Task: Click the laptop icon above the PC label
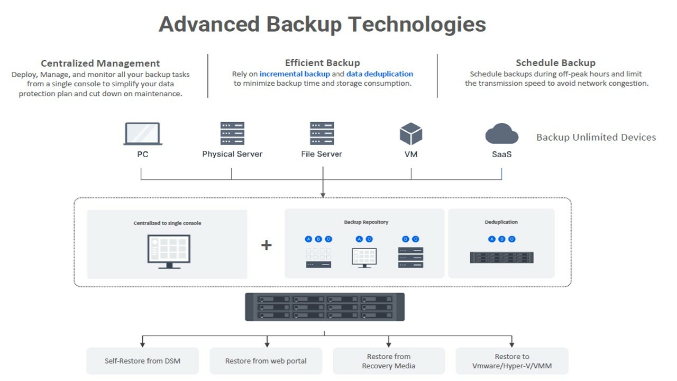click(143, 133)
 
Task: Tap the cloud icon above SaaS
click(501, 133)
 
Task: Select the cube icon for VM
click(411, 133)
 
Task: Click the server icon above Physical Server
click(232, 133)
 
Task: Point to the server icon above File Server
click(322, 133)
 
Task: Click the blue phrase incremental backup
click(295, 74)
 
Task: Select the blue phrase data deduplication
click(380, 74)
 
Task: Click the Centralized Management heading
click(100, 63)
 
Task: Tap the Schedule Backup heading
click(555, 63)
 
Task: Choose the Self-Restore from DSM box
click(142, 361)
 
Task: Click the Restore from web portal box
click(266, 361)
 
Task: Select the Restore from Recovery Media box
click(388, 361)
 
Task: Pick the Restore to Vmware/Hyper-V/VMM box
click(511, 361)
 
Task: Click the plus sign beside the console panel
click(267, 245)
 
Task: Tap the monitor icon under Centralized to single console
click(168, 251)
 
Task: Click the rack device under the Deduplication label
click(501, 257)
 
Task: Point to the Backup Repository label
click(366, 222)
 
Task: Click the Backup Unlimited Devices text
click(596, 138)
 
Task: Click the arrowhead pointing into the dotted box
click(323, 195)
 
